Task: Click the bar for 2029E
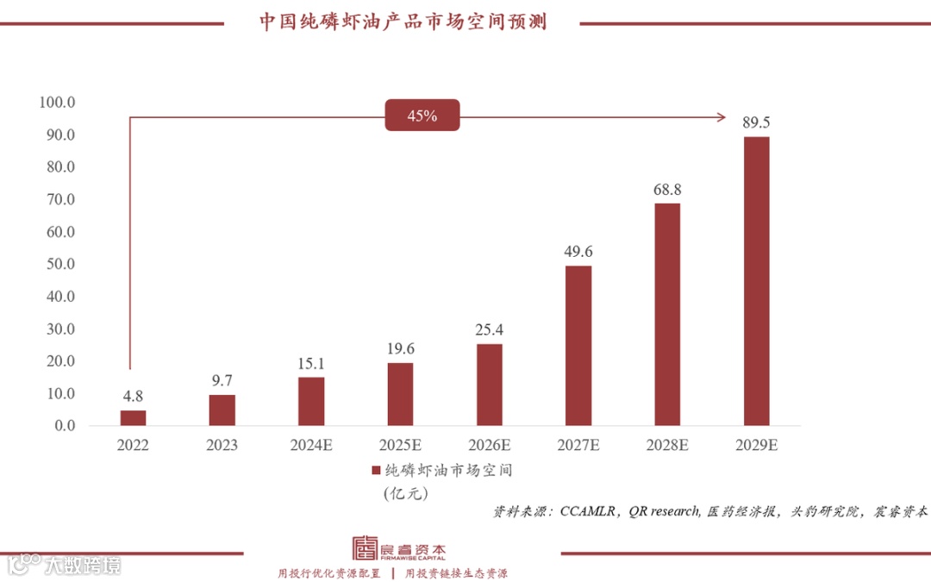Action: pyautogui.click(x=756, y=281)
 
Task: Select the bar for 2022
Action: pyautogui.click(x=134, y=418)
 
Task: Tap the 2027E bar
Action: pyautogui.click(x=578, y=346)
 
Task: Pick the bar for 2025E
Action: pyautogui.click(x=400, y=394)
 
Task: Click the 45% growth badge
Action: pyautogui.click(x=422, y=116)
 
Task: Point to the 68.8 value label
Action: pyautogui.click(x=667, y=189)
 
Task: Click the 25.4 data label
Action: pyautogui.click(x=490, y=329)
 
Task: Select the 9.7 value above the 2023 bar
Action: pyautogui.click(x=222, y=380)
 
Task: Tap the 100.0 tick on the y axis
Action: pyautogui.click(x=58, y=103)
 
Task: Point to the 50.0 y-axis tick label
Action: pyautogui.click(x=58, y=264)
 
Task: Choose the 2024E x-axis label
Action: pyautogui.click(x=311, y=446)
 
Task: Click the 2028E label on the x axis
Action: pyautogui.click(x=667, y=446)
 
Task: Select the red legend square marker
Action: pyautogui.click(x=376, y=471)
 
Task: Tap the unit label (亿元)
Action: pyautogui.click(x=405, y=494)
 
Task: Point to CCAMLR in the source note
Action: pyautogui.click(x=587, y=511)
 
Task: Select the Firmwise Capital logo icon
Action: pyautogui.click(x=365, y=549)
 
